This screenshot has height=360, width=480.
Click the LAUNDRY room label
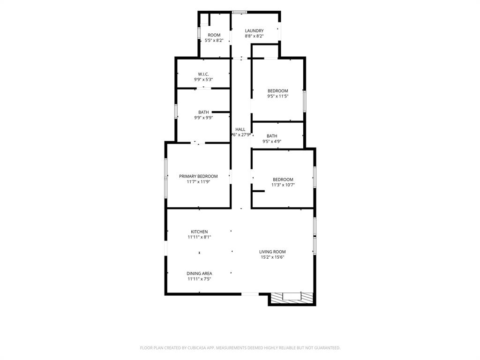click(x=254, y=30)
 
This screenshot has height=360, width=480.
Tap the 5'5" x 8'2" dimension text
click(x=214, y=40)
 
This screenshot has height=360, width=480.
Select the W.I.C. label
click(x=203, y=74)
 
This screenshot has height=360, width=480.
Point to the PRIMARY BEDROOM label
click(x=198, y=176)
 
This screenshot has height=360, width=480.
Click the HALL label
click(x=240, y=129)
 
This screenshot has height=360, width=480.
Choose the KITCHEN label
click(x=199, y=232)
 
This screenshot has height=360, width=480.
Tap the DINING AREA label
click(x=199, y=273)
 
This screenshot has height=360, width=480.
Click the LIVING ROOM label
click(x=272, y=252)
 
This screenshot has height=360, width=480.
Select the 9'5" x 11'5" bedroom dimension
click(x=278, y=96)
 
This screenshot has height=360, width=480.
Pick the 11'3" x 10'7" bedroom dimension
click(x=283, y=185)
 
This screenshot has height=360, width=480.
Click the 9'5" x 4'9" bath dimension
click(x=272, y=142)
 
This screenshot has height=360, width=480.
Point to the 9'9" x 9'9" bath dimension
click(x=203, y=118)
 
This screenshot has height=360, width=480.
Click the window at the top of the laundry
click(x=240, y=12)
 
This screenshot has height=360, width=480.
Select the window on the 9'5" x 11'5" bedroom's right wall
click(x=304, y=101)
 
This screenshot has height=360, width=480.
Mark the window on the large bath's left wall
click(x=176, y=111)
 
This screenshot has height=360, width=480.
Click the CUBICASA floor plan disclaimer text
click(x=240, y=348)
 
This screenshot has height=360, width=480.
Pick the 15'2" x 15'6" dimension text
click(x=272, y=257)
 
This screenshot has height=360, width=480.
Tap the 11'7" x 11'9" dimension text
click(x=198, y=182)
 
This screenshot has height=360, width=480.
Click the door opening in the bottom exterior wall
click(x=250, y=294)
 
